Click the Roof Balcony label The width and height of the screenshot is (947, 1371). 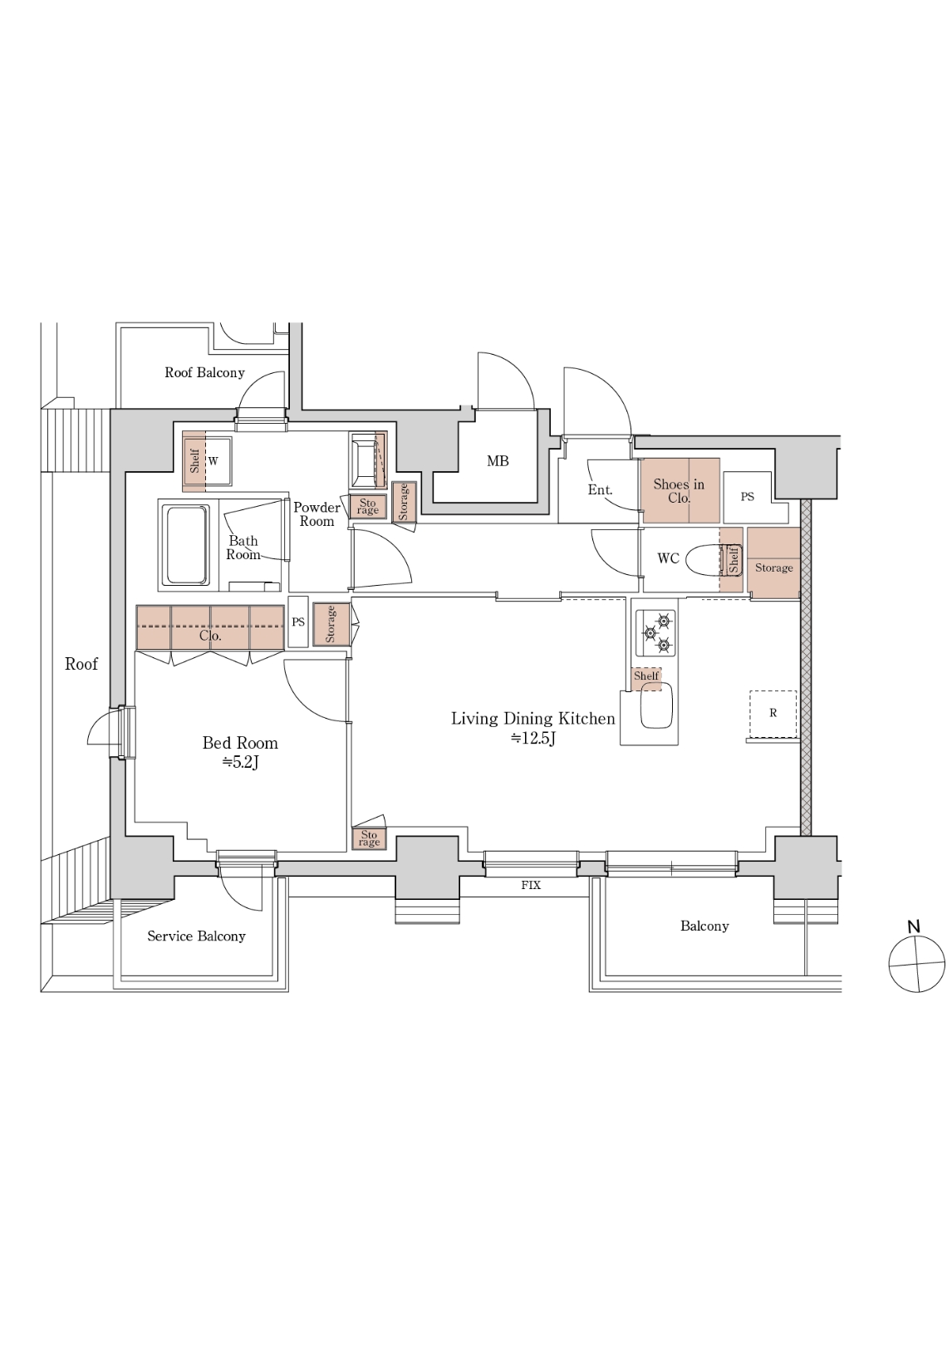coord(204,373)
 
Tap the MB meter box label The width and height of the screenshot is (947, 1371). coord(498,461)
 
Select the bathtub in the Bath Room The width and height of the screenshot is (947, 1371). coord(186,545)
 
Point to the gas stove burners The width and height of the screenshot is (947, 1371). coord(655,633)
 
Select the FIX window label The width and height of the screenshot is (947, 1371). coord(530,885)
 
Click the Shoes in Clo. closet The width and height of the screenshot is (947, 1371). coord(680,490)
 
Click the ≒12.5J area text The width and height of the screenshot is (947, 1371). coord(532,738)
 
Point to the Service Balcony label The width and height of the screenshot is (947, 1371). coord(196,936)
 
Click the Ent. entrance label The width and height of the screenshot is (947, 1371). coord(600,489)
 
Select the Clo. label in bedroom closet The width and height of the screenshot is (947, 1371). coord(210,636)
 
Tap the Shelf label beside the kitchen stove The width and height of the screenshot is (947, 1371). coord(646,676)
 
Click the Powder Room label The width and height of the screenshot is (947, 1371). coord(316,514)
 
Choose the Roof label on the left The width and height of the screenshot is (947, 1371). coord(81,664)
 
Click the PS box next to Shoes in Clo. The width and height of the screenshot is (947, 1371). coord(748,497)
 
